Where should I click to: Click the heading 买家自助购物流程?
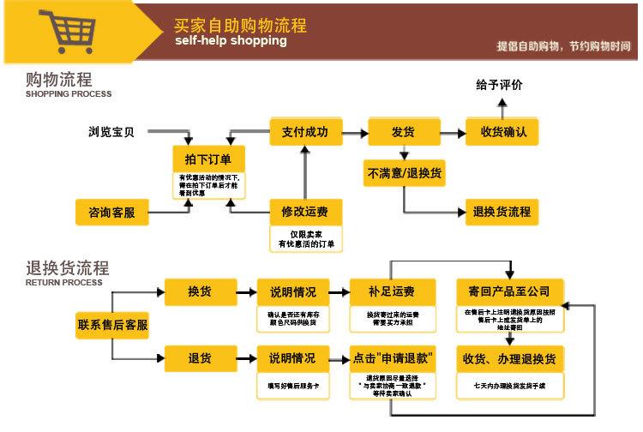pyautogui.click(x=240, y=25)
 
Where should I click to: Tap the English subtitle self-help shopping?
pyautogui.click(x=231, y=41)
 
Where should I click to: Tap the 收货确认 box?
pyautogui.click(x=502, y=132)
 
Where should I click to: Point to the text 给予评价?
pyautogui.click(x=499, y=86)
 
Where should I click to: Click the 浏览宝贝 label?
pyautogui.click(x=112, y=132)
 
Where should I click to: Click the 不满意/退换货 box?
pyautogui.click(x=405, y=172)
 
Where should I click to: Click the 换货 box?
pyautogui.click(x=200, y=291)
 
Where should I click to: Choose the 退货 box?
pyautogui.click(x=200, y=357)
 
